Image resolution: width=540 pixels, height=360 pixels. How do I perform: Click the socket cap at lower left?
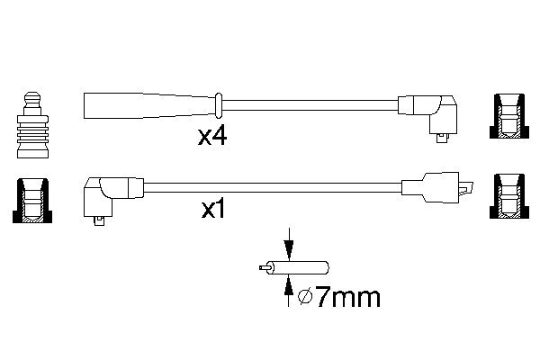tap(31, 199)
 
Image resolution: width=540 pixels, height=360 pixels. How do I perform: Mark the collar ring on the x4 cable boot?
tap(219, 103)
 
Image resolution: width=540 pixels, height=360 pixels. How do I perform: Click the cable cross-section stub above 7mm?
tap(301, 268)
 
